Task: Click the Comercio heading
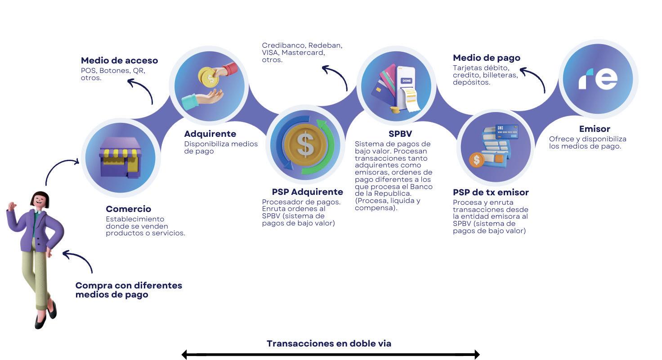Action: click(x=128, y=209)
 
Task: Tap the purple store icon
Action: click(x=120, y=157)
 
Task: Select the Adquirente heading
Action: click(x=210, y=134)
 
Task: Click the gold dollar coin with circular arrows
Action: click(x=305, y=144)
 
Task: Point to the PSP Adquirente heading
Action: click(x=307, y=192)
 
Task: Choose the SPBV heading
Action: click(x=400, y=134)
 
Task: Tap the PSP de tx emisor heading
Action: click(x=491, y=192)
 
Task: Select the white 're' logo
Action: click(x=598, y=79)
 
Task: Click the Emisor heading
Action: click(x=595, y=129)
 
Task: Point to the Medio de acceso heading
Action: click(x=119, y=60)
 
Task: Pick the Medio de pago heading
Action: click(x=486, y=58)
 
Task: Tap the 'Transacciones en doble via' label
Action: click(x=329, y=343)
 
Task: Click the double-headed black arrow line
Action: click(x=331, y=355)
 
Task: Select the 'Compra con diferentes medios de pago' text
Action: click(x=128, y=290)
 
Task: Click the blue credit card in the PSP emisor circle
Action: click(x=506, y=131)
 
